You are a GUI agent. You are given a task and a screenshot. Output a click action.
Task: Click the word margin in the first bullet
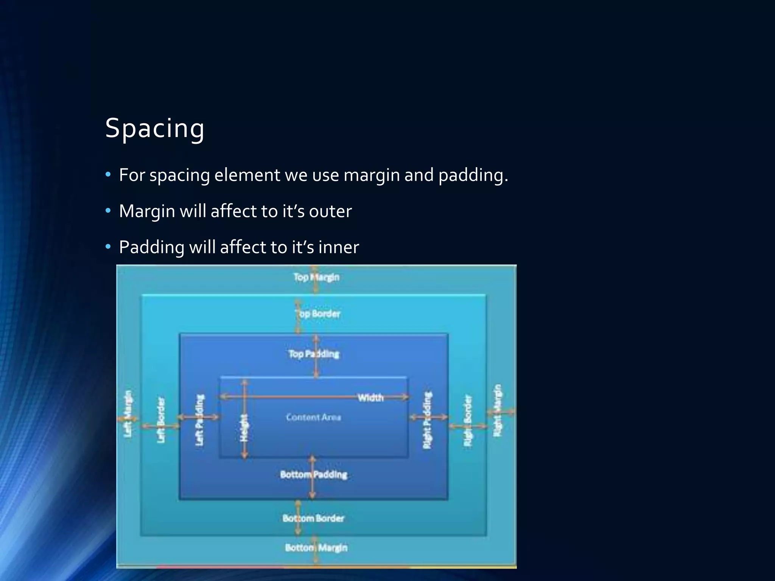coord(371,175)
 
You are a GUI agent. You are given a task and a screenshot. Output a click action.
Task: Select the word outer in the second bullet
coord(330,211)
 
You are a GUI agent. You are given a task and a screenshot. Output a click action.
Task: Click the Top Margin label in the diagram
coord(316,277)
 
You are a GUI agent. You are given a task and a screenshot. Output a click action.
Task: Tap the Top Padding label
coord(314,354)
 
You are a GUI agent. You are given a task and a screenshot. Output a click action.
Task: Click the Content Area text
coord(313,417)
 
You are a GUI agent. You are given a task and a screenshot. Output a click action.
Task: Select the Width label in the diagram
coord(370,398)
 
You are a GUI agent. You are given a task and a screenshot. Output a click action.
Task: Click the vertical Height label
coord(244,427)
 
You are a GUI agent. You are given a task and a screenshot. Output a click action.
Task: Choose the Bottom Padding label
coord(313,475)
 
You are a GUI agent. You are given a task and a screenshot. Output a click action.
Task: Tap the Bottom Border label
coord(313,518)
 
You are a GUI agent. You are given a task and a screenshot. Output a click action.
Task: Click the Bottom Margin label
coord(316,548)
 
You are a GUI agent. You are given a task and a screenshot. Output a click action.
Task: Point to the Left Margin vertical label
coord(128,414)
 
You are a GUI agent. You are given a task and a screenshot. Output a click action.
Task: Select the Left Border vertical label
coord(161,420)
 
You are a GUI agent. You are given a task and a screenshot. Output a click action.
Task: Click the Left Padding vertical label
coord(199,420)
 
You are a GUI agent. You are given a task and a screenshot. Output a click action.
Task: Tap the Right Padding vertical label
coord(427,420)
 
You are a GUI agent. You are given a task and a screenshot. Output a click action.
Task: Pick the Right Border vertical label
coord(468,420)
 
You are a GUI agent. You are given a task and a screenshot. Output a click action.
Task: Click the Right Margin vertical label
coord(498,411)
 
